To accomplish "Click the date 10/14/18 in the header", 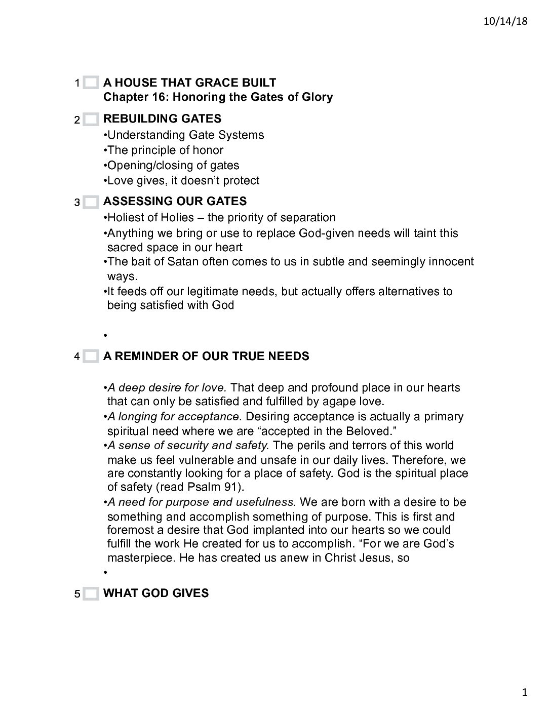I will click(509, 21).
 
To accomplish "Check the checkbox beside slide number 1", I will click(91, 83).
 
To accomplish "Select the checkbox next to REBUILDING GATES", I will click(91, 120).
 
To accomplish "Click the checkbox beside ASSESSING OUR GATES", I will click(91, 202).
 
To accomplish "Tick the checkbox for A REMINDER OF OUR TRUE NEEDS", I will click(91, 356).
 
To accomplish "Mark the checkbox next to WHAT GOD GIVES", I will click(91, 593).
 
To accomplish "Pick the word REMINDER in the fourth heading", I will click(145, 356).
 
